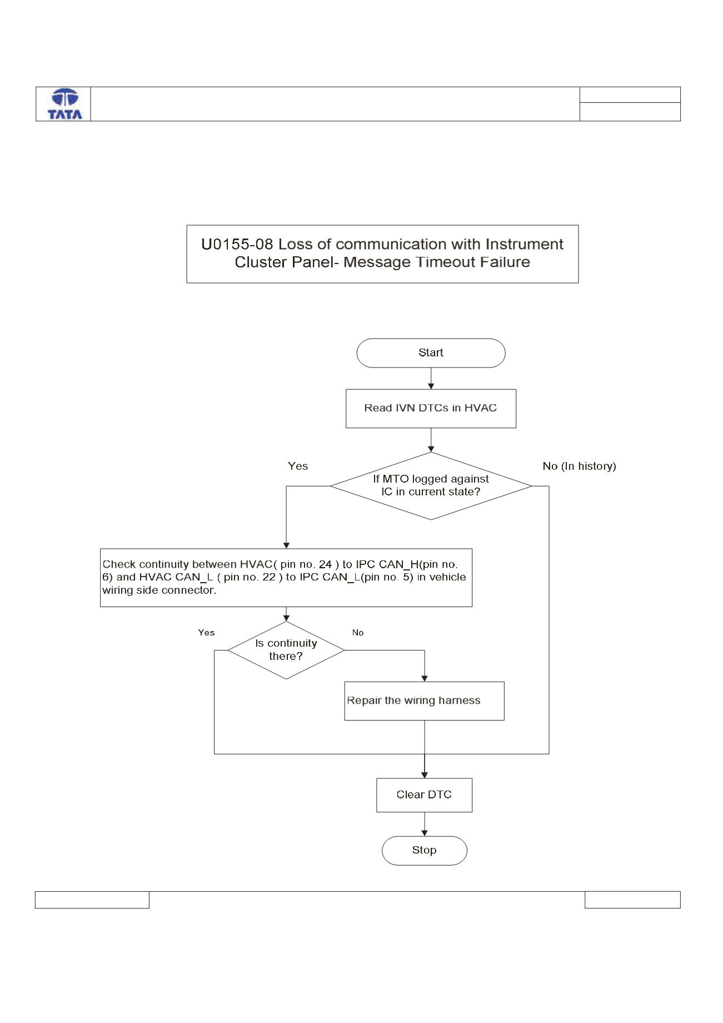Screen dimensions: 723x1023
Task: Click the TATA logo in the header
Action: pos(65,104)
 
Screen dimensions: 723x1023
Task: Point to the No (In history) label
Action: pos(579,466)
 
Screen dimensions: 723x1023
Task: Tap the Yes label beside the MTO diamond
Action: pos(298,466)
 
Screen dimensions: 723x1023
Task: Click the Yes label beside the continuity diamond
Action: pos(207,633)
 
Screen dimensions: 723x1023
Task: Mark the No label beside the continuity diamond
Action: pos(358,633)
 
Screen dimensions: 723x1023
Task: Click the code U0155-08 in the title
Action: pos(237,244)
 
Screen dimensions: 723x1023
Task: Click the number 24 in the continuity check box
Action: pos(325,564)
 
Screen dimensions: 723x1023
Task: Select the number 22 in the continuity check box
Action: pos(269,577)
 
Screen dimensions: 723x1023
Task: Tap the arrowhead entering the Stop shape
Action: pos(425,833)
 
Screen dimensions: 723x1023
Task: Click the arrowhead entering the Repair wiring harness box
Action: pos(425,678)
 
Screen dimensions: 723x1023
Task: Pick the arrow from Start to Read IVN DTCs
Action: pos(431,379)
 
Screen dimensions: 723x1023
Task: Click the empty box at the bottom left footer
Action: pos(92,900)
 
